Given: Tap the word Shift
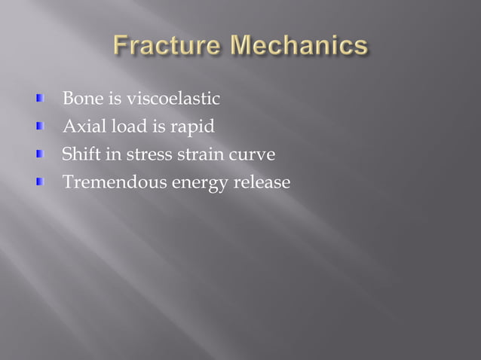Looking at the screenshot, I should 79,154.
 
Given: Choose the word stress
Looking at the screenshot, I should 149,155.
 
